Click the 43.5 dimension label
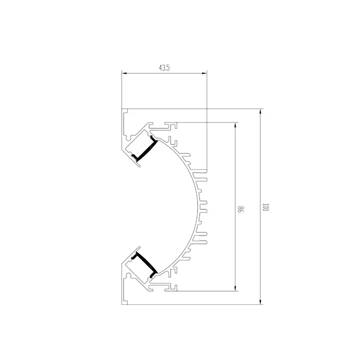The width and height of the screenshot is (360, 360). click(164, 68)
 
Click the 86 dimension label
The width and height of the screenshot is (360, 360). click(241, 209)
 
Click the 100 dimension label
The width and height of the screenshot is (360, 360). click(266, 208)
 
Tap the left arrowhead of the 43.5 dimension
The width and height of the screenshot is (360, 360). click(124, 74)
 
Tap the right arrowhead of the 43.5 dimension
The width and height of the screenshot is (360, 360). click(204, 74)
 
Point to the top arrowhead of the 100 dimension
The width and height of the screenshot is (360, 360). click(260, 112)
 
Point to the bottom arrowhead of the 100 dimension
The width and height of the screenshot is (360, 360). click(260, 301)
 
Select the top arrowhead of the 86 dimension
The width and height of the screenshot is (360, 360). click(235, 125)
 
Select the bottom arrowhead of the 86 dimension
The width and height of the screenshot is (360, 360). click(235, 288)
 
